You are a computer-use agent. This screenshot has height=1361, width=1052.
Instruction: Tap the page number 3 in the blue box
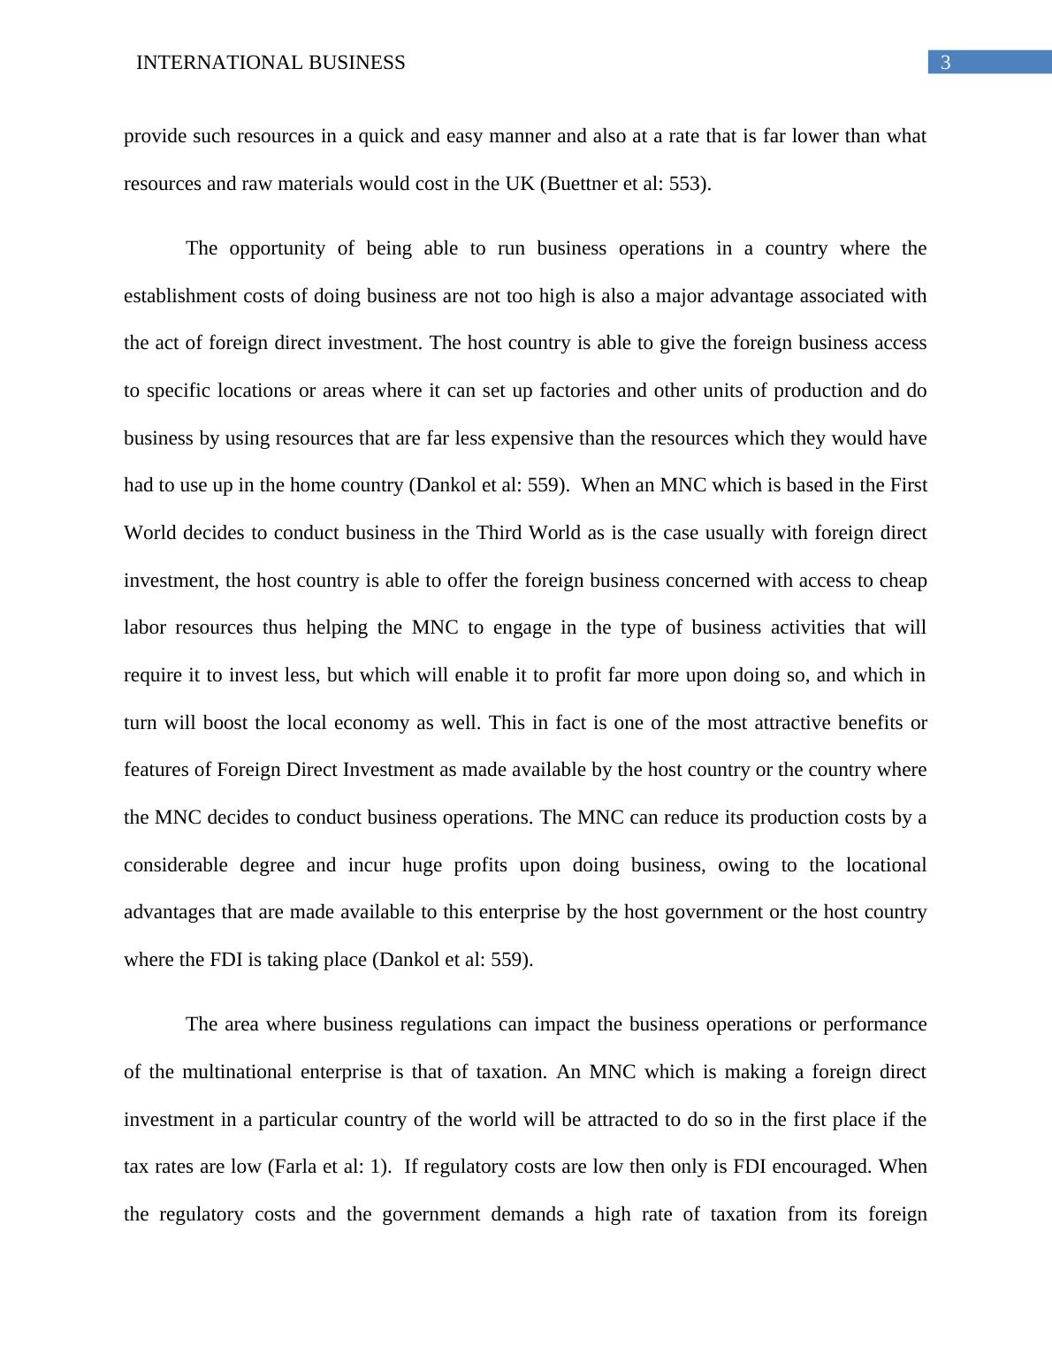(x=945, y=63)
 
